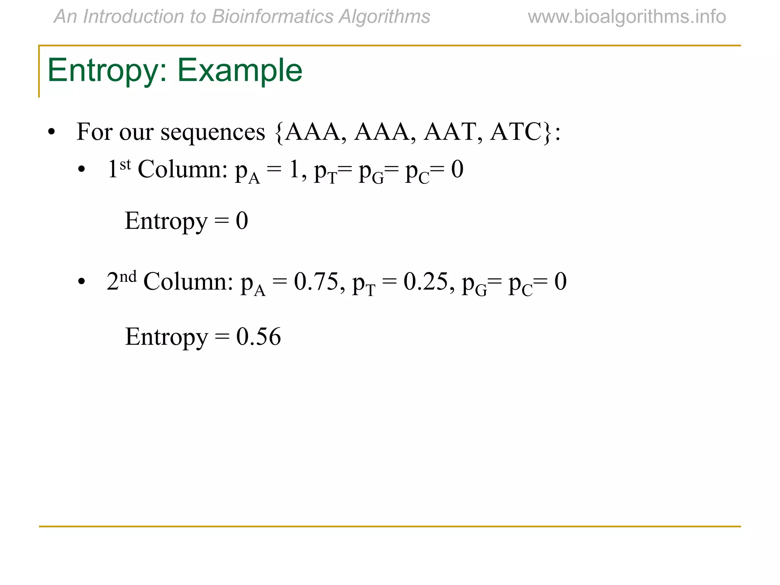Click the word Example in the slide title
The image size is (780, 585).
click(x=240, y=70)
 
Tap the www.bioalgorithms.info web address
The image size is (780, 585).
click(x=627, y=17)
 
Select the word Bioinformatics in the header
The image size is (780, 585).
click(x=272, y=17)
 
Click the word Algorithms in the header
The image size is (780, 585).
click(x=384, y=17)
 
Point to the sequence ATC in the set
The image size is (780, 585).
click(x=516, y=132)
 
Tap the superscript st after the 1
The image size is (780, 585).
click(x=125, y=165)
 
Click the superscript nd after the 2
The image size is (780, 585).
click(x=128, y=277)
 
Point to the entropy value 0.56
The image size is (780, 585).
click(x=259, y=337)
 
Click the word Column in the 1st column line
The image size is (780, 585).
click(x=182, y=169)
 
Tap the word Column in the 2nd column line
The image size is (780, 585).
click(x=188, y=282)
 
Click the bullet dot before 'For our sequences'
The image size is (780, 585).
click(x=51, y=133)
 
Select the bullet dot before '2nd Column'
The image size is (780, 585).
click(x=81, y=282)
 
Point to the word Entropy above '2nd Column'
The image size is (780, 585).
click(x=166, y=221)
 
